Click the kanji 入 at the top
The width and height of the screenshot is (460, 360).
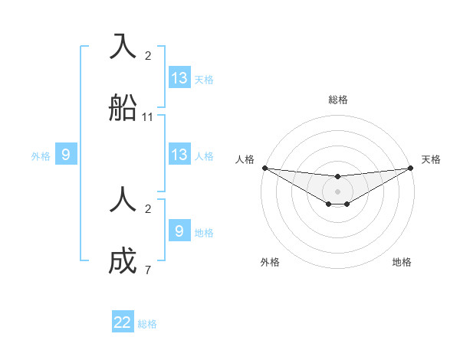tap(123, 45)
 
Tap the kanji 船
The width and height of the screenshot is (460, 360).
tap(123, 108)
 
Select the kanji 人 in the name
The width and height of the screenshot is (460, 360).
tap(123, 200)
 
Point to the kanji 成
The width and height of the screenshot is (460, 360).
tap(123, 262)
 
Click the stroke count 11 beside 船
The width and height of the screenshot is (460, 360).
tap(148, 117)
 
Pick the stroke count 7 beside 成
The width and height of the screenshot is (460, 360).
tap(148, 270)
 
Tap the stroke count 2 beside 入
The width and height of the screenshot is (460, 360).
tap(148, 55)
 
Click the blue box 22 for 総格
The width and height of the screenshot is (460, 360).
tap(123, 322)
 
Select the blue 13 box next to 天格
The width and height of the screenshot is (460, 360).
tap(179, 78)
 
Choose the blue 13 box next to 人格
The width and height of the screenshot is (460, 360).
tap(179, 155)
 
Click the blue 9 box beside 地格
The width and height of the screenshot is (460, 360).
tap(179, 231)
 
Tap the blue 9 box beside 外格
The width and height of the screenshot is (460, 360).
tap(66, 155)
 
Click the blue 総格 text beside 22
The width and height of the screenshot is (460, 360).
tap(147, 324)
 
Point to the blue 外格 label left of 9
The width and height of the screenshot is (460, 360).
tap(41, 156)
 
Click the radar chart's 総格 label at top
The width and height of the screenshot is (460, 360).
tap(338, 100)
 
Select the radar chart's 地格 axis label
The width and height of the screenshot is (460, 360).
tap(402, 262)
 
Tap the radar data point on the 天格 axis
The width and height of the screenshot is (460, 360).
tap(411, 168)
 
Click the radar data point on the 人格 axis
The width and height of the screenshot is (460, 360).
tap(264, 168)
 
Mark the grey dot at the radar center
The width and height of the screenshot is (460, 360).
tap(337, 191)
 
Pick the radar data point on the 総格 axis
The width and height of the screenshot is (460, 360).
tap(337, 177)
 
